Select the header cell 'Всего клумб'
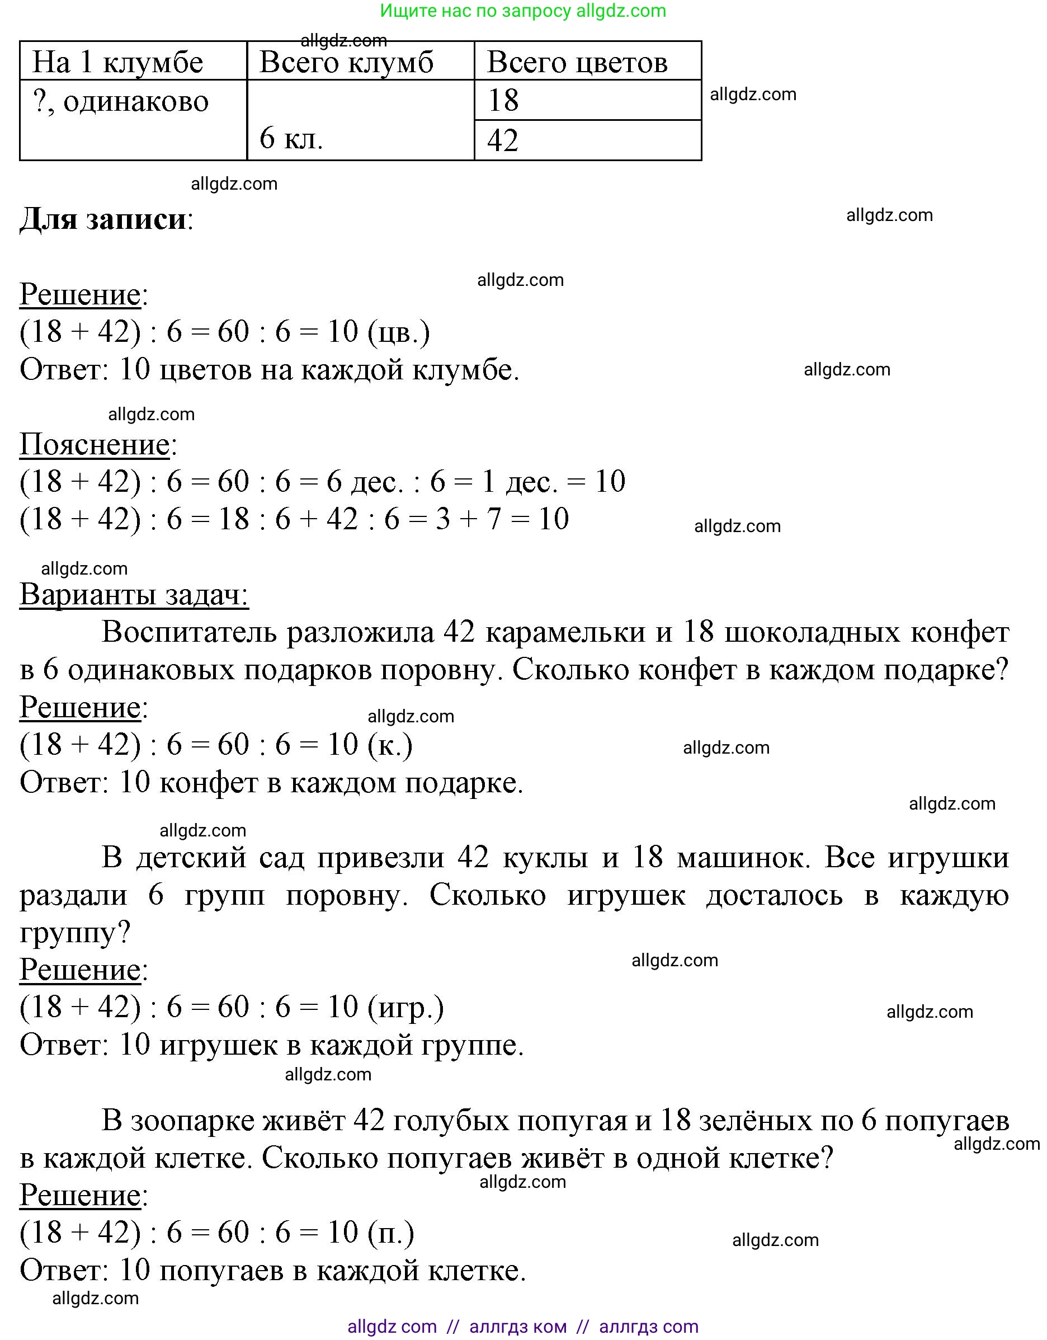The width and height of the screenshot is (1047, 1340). (x=346, y=63)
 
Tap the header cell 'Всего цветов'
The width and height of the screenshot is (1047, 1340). (x=577, y=63)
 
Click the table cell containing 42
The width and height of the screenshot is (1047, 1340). (x=503, y=140)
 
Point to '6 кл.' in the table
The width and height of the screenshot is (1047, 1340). (x=291, y=138)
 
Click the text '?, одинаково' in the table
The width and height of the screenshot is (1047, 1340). (x=121, y=101)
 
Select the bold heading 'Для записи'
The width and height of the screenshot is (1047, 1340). (x=103, y=219)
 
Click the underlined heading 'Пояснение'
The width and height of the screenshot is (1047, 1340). (x=95, y=444)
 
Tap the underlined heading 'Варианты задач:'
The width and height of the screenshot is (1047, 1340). (x=134, y=595)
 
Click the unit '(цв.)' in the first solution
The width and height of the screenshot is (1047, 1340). (x=399, y=332)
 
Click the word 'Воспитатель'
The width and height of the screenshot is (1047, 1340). (x=190, y=632)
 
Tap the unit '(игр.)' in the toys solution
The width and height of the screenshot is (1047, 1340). (x=405, y=1007)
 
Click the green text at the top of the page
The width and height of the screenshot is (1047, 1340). (x=522, y=11)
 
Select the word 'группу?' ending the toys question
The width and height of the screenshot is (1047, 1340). (x=75, y=933)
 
